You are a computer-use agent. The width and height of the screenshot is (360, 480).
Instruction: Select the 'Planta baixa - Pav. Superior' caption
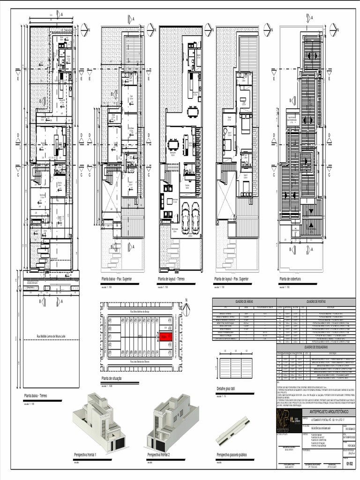pyautogui.click(x=117, y=279)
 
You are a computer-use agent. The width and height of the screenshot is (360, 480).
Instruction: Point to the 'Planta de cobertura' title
pyautogui.click(x=290, y=279)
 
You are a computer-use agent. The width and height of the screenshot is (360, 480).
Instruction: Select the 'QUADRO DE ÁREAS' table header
pyautogui.click(x=244, y=302)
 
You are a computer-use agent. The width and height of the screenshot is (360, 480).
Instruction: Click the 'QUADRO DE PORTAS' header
pyautogui.click(x=317, y=302)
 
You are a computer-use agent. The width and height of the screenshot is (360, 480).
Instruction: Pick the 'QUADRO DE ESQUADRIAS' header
pyautogui.click(x=317, y=347)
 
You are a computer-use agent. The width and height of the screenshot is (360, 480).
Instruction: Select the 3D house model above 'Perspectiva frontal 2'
pyautogui.click(x=172, y=422)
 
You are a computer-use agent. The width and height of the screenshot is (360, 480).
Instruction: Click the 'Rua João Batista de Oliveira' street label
pyautogui.click(x=140, y=362)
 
